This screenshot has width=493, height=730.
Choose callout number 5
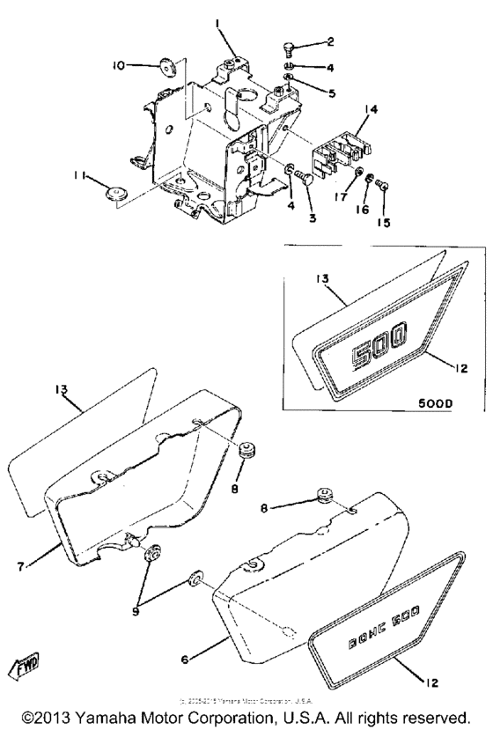click(332, 92)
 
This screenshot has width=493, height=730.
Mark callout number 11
click(79, 178)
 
